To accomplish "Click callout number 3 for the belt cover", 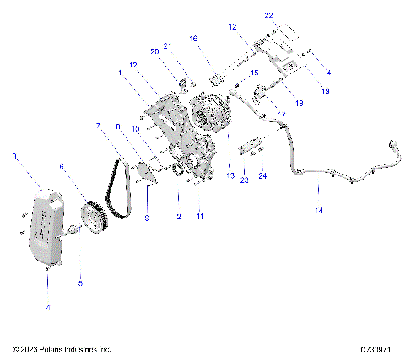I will (13, 157).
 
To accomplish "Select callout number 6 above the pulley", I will (61, 167).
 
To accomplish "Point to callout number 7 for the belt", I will (99, 126).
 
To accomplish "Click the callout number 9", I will (147, 218).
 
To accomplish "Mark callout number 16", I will (193, 39).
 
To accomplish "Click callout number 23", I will (243, 180).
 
